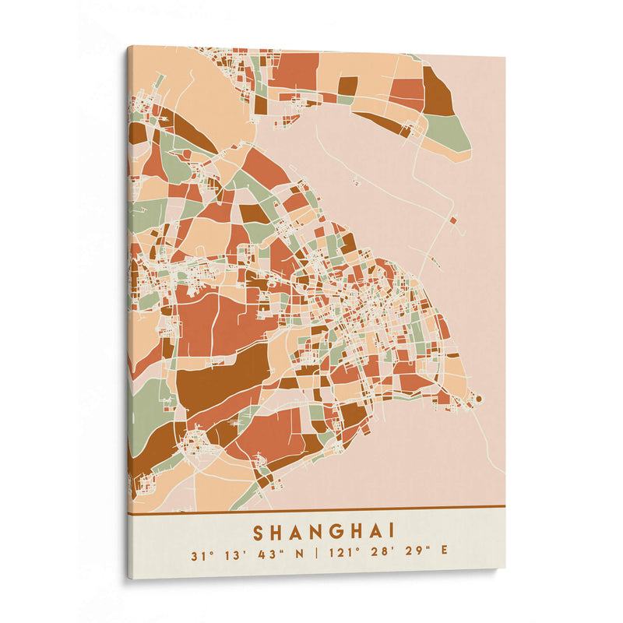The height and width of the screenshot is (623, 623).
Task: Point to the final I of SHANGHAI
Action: pyautogui.click(x=391, y=532)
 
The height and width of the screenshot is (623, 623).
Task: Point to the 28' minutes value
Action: pyautogui.click(x=381, y=554)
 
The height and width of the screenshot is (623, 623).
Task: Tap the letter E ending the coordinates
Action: pyautogui.click(x=445, y=554)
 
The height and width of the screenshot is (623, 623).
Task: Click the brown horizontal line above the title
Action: pyautogui.click(x=311, y=508)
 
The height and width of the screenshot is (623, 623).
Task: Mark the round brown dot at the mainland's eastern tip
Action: pyautogui.click(x=478, y=399)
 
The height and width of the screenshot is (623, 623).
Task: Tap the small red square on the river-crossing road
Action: pyautogui.click(x=452, y=219)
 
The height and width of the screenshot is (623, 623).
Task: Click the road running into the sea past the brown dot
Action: pyautogui.click(x=492, y=444)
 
